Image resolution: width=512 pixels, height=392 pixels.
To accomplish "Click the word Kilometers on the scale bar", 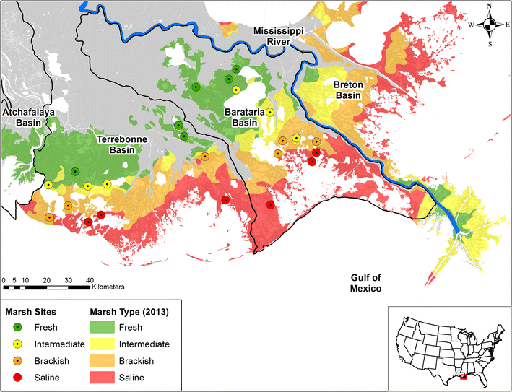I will pyautogui.click(x=108, y=287).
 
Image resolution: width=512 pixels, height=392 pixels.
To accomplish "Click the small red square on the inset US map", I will pyautogui.click(x=464, y=376).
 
